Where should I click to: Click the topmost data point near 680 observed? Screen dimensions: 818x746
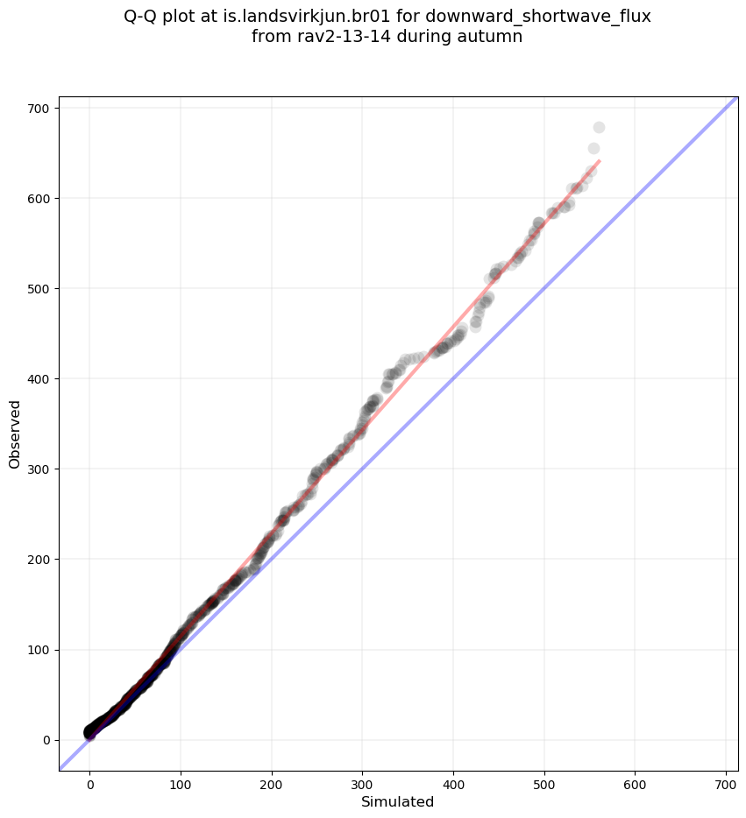click(599, 127)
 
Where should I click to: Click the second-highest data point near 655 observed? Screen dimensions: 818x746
click(593, 149)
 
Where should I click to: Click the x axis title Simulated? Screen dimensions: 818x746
click(398, 801)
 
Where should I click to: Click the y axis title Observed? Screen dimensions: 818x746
click(15, 434)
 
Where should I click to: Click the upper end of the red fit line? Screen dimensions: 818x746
click(599, 161)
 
